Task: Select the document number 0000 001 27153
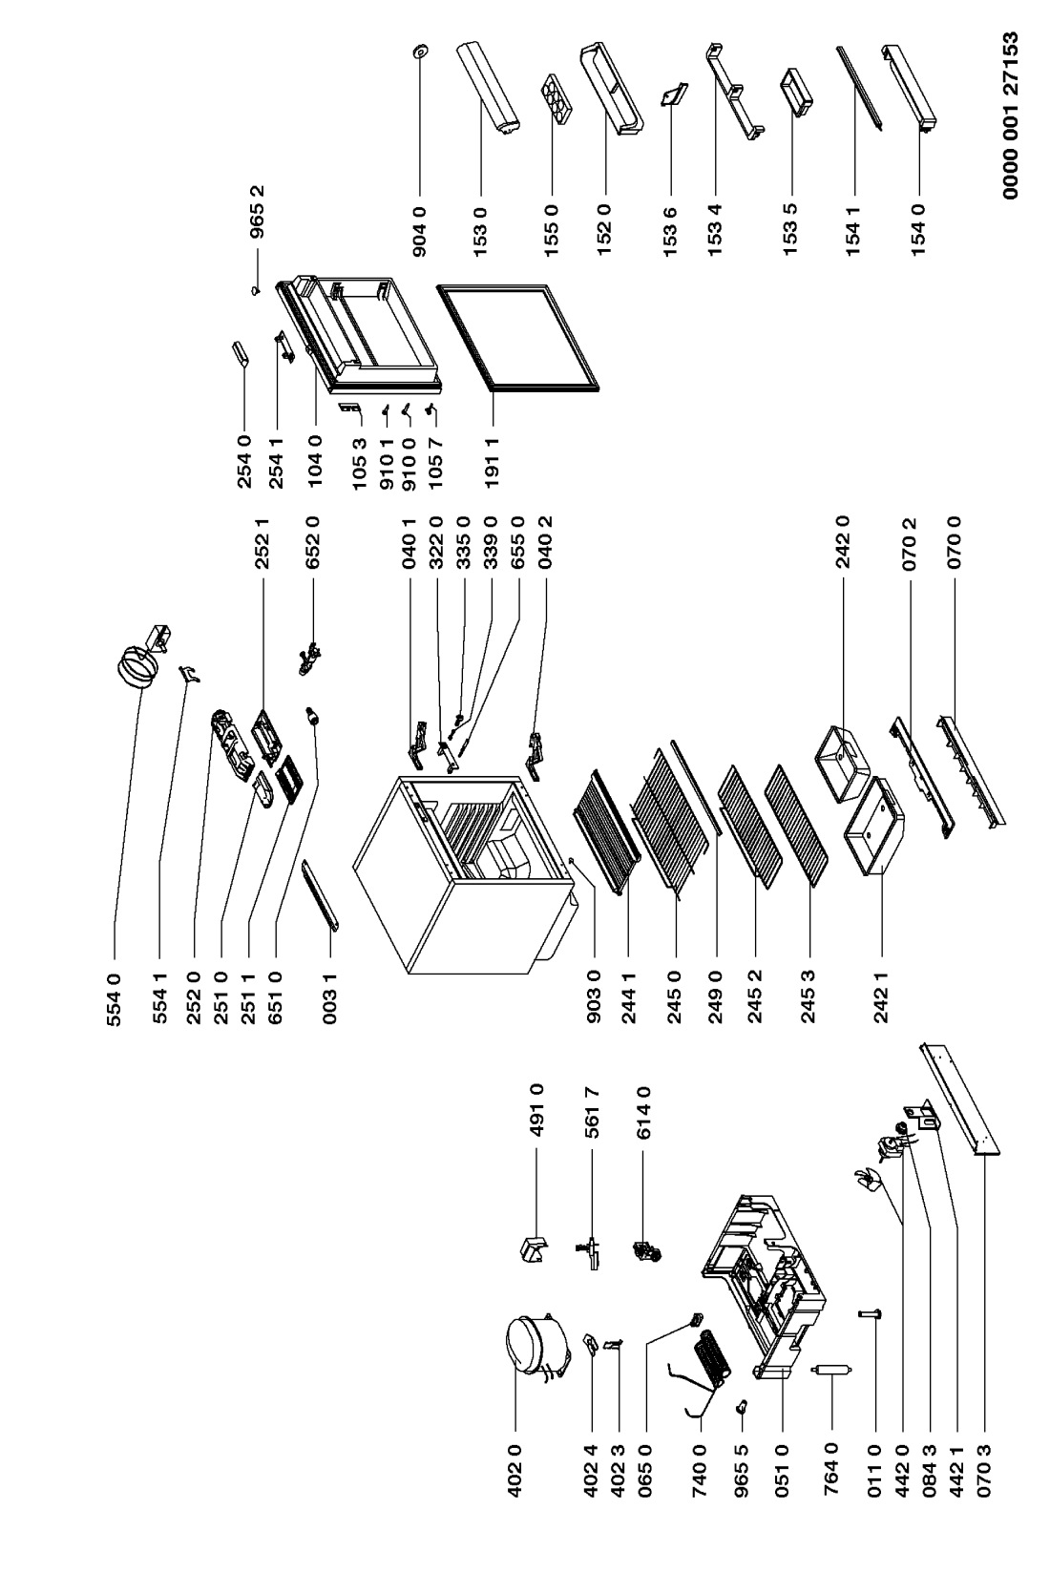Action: [x=1010, y=115]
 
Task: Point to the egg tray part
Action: [x=556, y=99]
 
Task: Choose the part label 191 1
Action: [x=492, y=463]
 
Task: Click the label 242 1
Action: [x=882, y=997]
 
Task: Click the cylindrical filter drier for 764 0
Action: [x=831, y=1371]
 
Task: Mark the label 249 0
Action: [x=716, y=997]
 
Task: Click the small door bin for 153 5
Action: [x=797, y=91]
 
